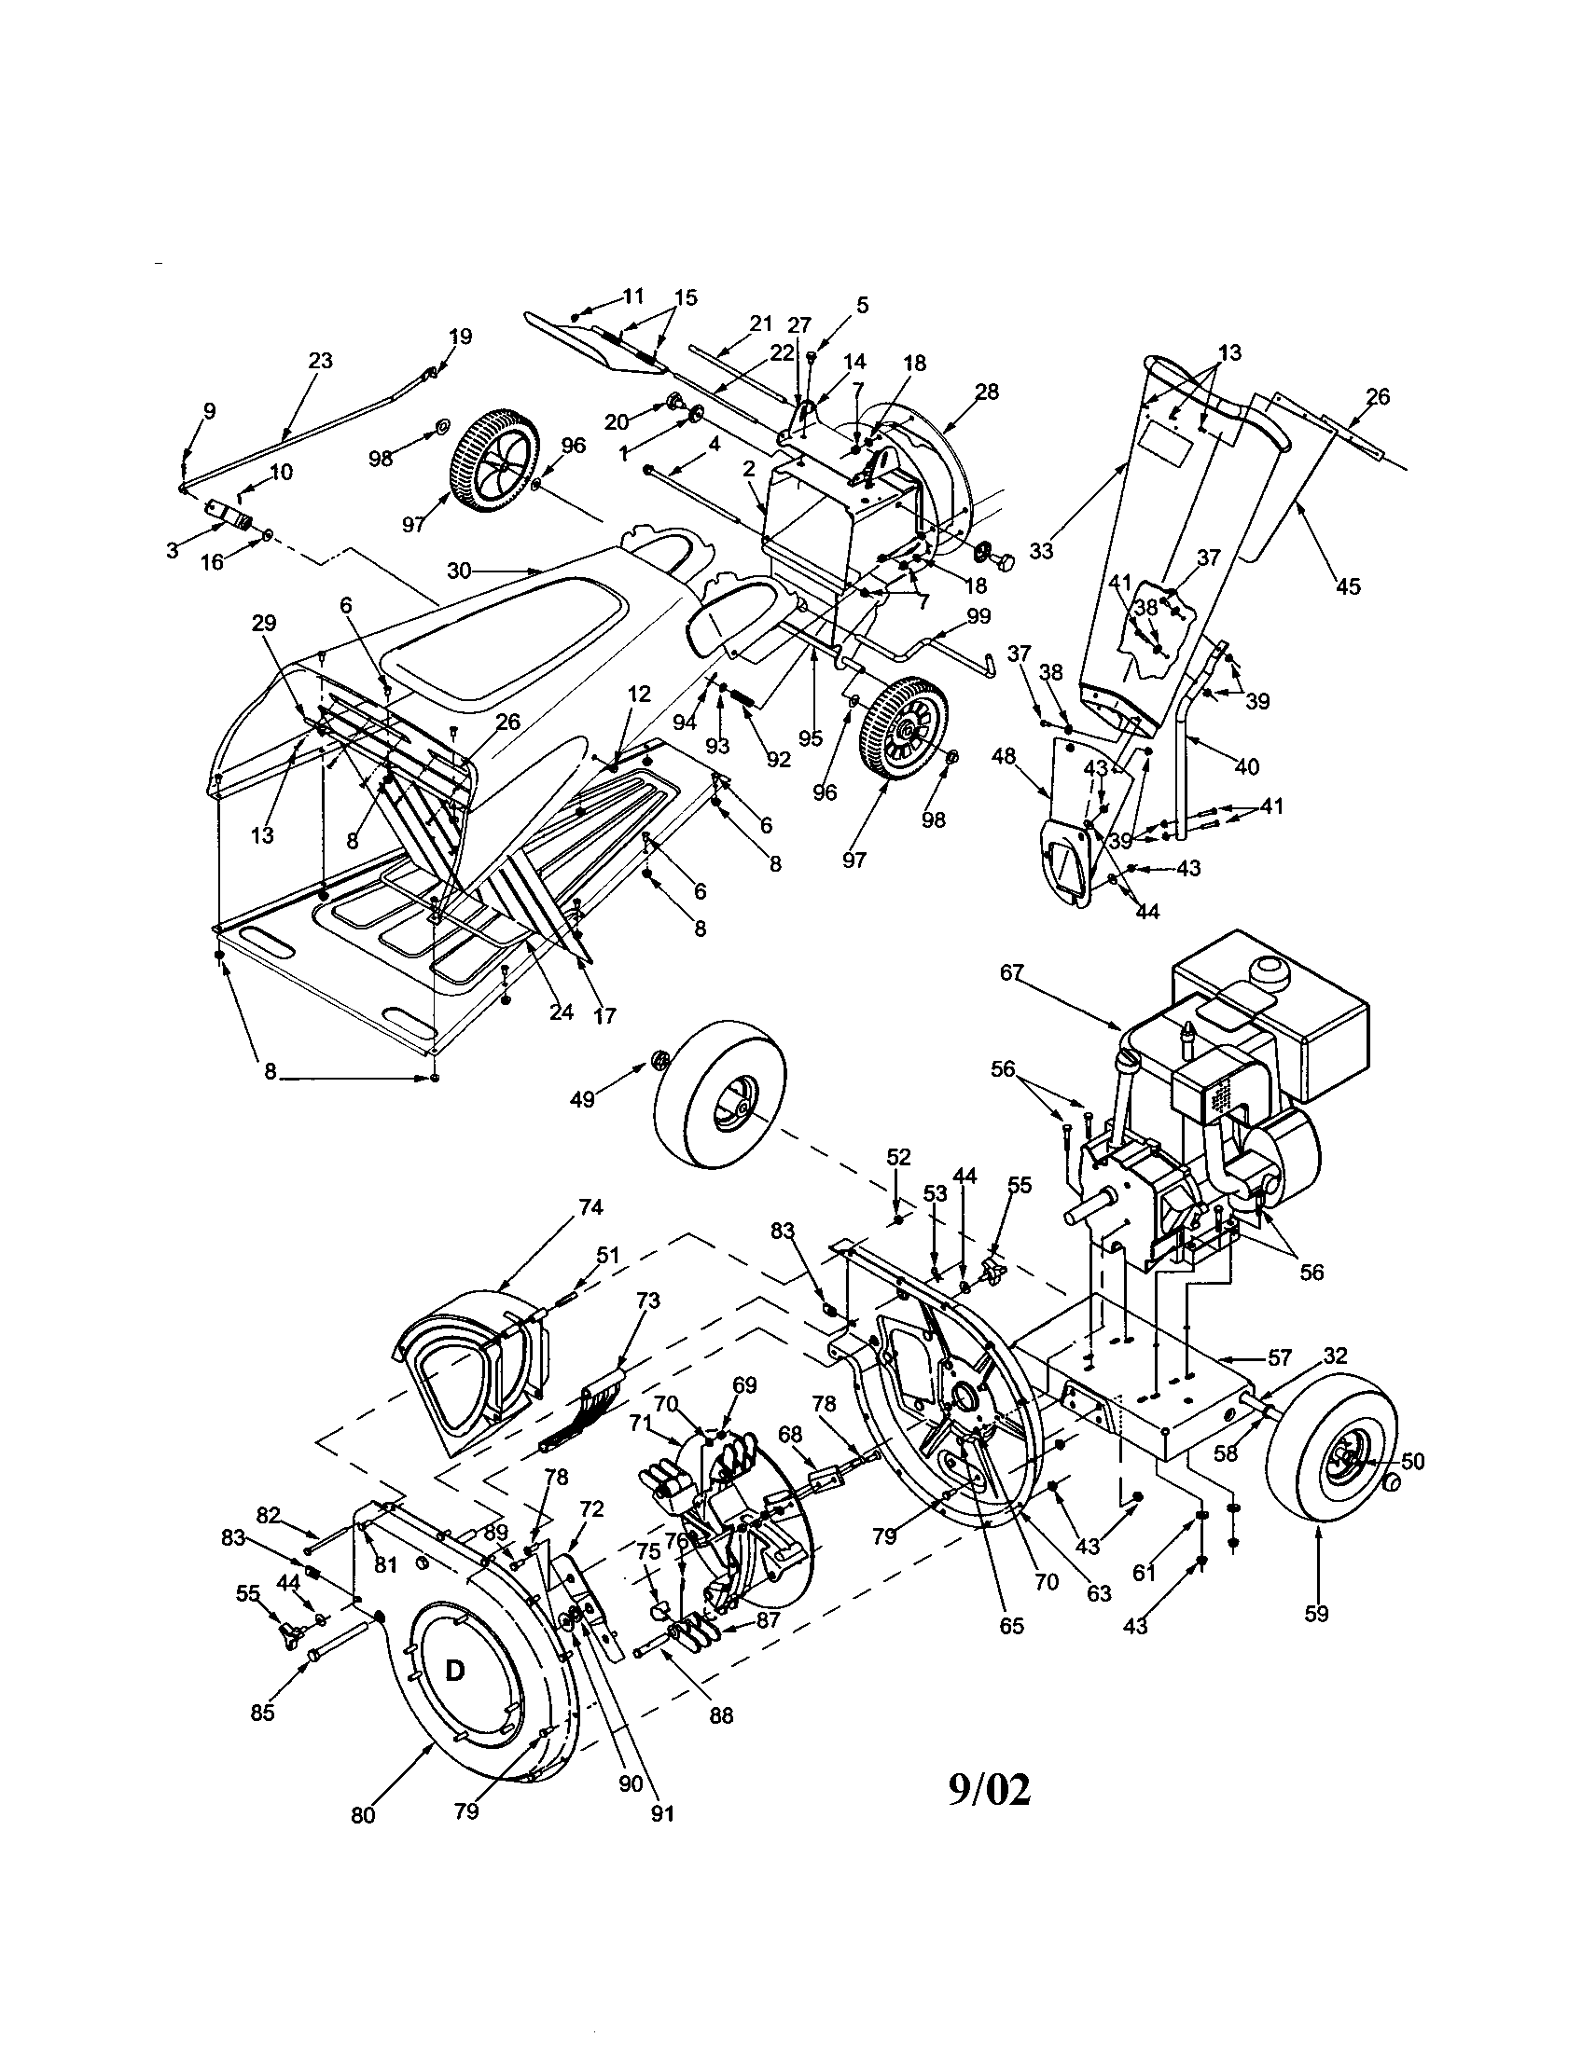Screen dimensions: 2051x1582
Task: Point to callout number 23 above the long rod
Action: pyautogui.click(x=320, y=361)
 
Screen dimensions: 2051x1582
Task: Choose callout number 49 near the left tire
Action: pyautogui.click(x=582, y=1099)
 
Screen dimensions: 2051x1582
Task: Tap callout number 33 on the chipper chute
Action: pyautogui.click(x=1041, y=551)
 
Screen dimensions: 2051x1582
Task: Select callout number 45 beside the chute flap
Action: pyautogui.click(x=1348, y=586)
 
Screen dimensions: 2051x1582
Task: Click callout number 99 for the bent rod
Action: pyautogui.click(x=978, y=616)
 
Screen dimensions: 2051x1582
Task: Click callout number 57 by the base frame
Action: pyautogui.click(x=1280, y=1359)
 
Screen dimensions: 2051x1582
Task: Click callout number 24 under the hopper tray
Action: pyautogui.click(x=561, y=1013)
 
